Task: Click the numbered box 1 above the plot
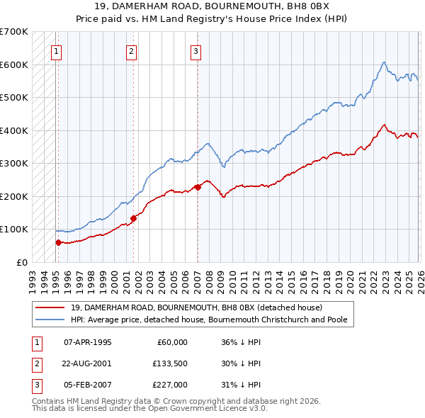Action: (x=56, y=50)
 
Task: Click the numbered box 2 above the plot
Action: (x=132, y=50)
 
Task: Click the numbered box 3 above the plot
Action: (x=195, y=50)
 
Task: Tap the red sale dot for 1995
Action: (x=58, y=242)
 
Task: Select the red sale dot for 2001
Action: (x=133, y=218)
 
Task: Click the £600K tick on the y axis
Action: (x=13, y=64)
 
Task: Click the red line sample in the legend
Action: (x=50, y=307)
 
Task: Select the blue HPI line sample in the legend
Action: (x=50, y=320)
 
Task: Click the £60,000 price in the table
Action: (x=171, y=342)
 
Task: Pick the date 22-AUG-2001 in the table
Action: (x=87, y=363)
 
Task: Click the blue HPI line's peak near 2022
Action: (x=382, y=62)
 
